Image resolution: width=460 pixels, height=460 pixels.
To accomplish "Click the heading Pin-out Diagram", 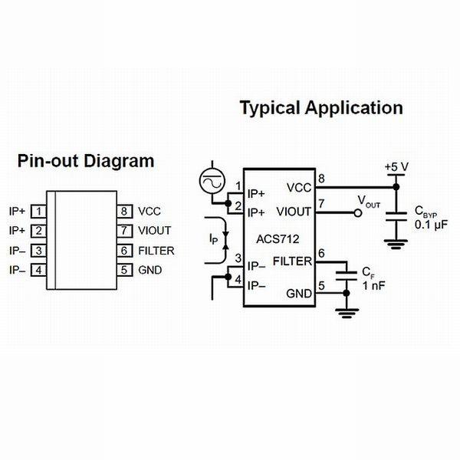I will [x=86, y=162].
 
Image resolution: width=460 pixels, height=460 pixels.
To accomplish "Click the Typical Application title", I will [x=321, y=108].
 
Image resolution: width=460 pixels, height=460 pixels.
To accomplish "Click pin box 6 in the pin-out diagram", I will [x=122, y=250].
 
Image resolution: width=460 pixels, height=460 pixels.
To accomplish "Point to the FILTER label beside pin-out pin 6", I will [x=156, y=250].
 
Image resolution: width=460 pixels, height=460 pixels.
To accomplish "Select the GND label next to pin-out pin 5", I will [x=149, y=269].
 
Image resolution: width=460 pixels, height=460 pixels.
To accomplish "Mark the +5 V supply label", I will [x=396, y=167].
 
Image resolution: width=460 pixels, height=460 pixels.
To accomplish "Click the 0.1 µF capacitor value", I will [x=430, y=224].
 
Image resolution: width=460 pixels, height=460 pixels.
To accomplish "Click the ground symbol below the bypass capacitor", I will [x=396, y=245].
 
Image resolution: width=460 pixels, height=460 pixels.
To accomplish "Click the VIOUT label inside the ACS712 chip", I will [x=294, y=210].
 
